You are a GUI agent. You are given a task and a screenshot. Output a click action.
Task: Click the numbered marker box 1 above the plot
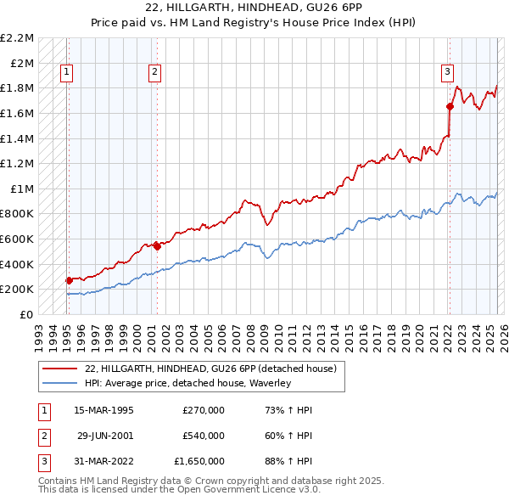pos(66,73)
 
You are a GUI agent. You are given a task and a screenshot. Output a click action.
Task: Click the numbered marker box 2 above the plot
pos(154,73)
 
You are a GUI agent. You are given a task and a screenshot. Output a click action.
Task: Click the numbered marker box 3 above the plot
pos(447,73)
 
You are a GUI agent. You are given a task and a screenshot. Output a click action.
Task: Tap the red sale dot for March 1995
pos(69,279)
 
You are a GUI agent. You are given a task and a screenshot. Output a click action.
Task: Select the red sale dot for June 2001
pos(157,246)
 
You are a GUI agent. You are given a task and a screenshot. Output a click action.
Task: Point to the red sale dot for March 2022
pos(450,106)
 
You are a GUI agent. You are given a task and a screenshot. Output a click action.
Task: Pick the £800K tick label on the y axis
pos(19,214)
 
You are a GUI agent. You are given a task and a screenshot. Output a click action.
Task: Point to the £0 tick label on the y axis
pos(26,314)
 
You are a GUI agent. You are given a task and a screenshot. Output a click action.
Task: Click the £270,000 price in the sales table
pos(204,410)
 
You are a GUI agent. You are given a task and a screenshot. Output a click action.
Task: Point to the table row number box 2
pos(42,436)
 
